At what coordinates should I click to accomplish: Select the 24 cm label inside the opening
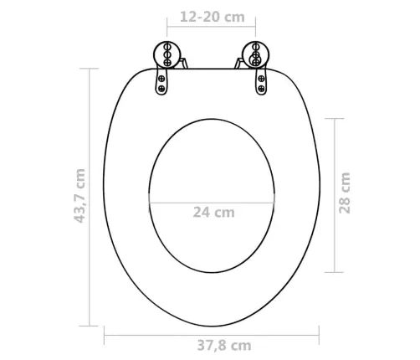[213, 213]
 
